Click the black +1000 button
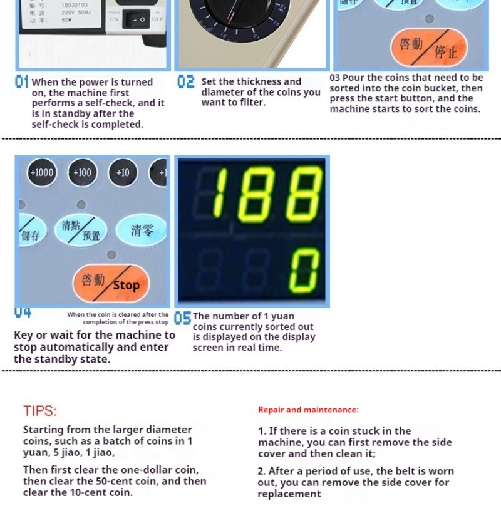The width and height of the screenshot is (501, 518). (x=42, y=172)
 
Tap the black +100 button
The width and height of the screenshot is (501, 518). (x=82, y=172)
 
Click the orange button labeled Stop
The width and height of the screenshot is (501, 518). (x=111, y=283)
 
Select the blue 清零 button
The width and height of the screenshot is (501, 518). (x=142, y=231)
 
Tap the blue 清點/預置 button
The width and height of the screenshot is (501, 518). (x=81, y=230)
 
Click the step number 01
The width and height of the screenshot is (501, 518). (x=22, y=82)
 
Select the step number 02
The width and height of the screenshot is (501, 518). (x=186, y=82)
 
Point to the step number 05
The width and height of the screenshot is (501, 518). (x=182, y=318)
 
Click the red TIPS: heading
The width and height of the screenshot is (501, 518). (x=40, y=411)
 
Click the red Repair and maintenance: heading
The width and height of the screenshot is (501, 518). (x=308, y=410)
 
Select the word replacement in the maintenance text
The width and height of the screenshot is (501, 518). (x=289, y=494)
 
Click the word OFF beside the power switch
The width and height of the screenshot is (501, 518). (x=157, y=19)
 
